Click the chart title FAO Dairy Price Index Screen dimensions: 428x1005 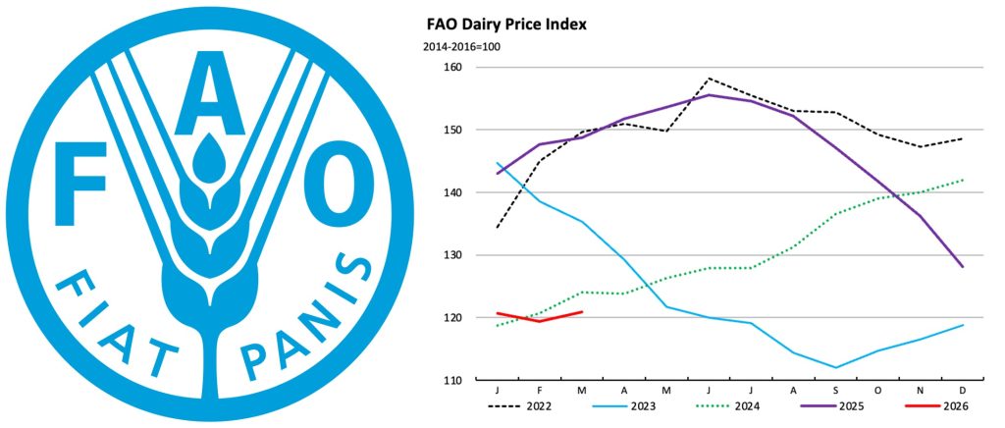pos(505,24)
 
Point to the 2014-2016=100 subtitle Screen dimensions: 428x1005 pos(463,47)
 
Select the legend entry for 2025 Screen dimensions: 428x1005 pos(842,404)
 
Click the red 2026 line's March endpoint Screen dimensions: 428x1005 pos(582,312)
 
